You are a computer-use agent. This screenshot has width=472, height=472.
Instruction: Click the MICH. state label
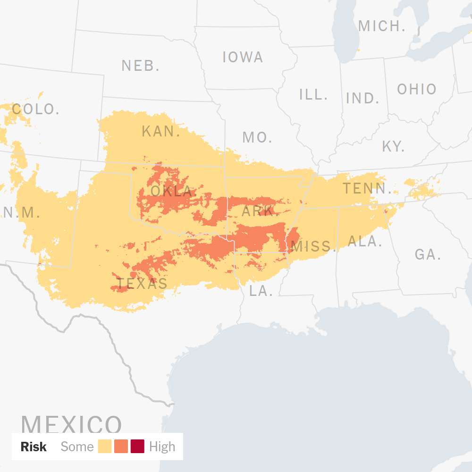click(381, 26)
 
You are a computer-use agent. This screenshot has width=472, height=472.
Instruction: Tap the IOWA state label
click(243, 57)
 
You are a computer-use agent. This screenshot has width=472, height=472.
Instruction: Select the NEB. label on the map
click(140, 66)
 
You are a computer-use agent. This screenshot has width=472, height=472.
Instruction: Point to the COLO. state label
click(36, 110)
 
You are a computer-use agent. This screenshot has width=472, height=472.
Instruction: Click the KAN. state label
click(161, 131)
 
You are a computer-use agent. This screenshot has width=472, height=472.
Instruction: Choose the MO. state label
click(257, 137)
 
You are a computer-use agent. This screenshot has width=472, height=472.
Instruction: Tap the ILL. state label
click(313, 94)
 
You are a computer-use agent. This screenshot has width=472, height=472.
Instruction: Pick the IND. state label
click(362, 98)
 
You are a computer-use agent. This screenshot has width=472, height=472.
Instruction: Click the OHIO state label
click(417, 89)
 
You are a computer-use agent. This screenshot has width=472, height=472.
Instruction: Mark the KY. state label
click(393, 146)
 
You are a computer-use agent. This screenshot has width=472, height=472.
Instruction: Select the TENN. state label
click(367, 189)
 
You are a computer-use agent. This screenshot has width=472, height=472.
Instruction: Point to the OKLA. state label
click(174, 192)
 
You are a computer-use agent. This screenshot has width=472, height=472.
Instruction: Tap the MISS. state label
click(313, 246)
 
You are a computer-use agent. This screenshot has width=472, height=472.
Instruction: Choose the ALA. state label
click(365, 241)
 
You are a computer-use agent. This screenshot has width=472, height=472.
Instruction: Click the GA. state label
click(428, 255)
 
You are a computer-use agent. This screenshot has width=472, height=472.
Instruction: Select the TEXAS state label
click(142, 283)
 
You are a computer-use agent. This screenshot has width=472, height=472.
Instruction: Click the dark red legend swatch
click(137, 447)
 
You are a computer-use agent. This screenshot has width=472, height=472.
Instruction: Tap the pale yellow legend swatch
click(105, 447)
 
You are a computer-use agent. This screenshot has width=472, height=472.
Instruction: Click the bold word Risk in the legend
click(34, 447)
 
